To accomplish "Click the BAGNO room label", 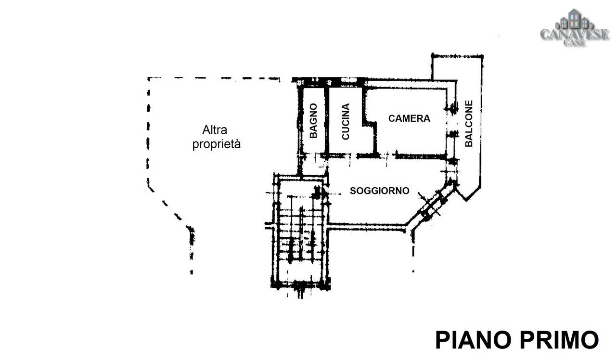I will point(313,121).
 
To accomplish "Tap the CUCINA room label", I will point(345,122).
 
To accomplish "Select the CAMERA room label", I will point(409,118).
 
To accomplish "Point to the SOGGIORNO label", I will point(379,191).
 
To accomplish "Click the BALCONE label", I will point(469,123).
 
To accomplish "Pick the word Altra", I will point(215,130).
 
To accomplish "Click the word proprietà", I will point(216,144).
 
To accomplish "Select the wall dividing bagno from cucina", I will point(326,120).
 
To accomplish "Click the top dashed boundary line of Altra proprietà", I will point(212,78).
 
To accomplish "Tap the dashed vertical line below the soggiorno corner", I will point(413,253).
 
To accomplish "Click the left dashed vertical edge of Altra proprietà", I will point(148,130).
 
